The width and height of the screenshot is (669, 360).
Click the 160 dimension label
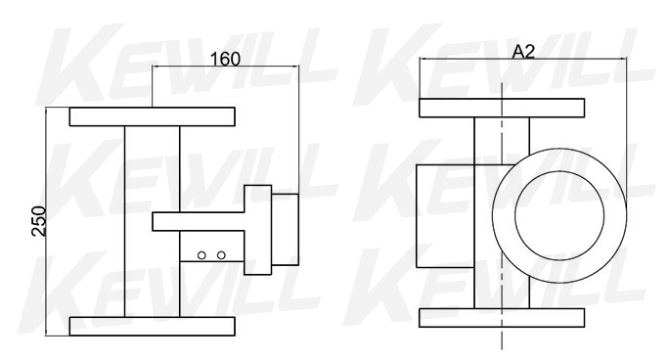point(225,60)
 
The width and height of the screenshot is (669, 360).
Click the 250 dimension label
point(39,221)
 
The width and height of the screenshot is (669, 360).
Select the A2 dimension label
point(523,52)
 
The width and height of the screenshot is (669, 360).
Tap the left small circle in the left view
point(201,255)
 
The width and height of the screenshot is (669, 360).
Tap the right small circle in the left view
point(221,255)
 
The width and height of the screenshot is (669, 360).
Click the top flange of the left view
point(153,116)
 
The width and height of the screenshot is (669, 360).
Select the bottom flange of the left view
point(153,327)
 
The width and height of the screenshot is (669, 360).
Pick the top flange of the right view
point(502,108)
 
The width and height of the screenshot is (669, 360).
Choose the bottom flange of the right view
point(502,318)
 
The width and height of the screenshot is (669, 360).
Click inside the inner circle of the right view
point(559,215)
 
